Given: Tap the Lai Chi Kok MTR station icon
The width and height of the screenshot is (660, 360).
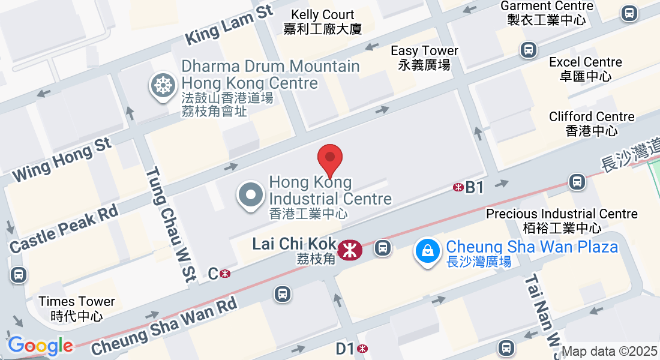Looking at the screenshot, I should coord(349,250).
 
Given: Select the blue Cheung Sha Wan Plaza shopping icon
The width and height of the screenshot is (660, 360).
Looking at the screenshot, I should coord(427,251).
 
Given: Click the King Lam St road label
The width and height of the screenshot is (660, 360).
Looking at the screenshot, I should coord(229,25).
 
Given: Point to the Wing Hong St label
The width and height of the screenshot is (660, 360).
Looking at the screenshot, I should coord(62,159).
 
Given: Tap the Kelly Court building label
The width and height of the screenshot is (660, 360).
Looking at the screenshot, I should coord(323,22).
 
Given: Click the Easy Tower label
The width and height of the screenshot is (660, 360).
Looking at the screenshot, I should coord(424,58).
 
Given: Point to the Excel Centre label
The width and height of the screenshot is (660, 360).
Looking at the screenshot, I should coord(586,69).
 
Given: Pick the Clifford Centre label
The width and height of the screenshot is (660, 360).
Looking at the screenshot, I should coord(592,124).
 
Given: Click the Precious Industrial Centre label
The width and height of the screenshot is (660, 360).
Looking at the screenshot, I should coord(562,220).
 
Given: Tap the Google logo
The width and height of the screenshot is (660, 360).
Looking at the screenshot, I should coord(40,346).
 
